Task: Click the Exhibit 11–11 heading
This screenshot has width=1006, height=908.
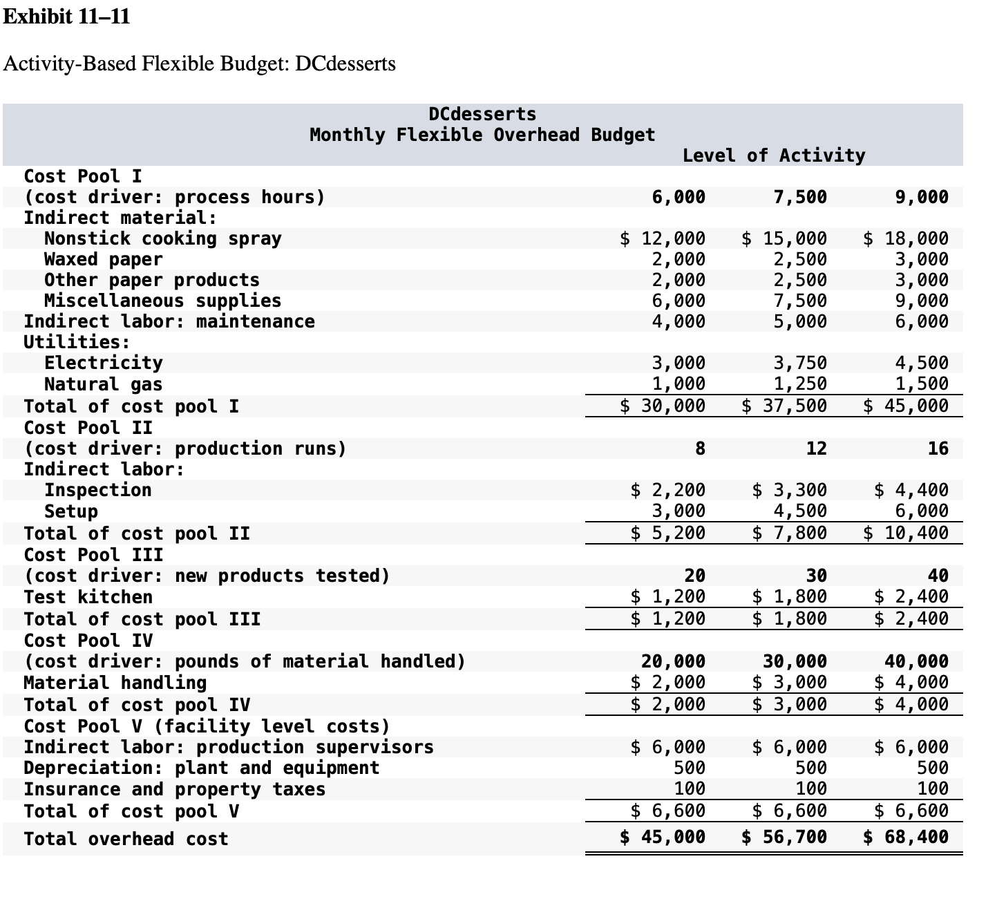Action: coord(66,16)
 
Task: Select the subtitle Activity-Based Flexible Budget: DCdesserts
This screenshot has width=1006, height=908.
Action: coord(200,64)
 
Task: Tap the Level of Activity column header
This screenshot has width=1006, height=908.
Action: coord(773,155)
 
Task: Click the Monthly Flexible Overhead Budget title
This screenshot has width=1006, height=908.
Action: coord(482,135)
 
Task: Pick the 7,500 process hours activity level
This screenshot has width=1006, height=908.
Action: coord(799,198)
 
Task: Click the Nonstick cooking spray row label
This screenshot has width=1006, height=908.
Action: coord(162,239)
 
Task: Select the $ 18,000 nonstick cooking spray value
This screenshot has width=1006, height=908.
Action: coord(906,239)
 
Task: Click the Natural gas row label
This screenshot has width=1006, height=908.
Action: coord(103,384)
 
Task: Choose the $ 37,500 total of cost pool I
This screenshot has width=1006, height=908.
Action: coord(784,406)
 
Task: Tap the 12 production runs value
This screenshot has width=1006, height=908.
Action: coord(816,449)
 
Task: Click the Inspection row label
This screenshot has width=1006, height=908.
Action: coord(97,491)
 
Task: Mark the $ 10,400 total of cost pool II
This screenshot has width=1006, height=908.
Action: coord(906,533)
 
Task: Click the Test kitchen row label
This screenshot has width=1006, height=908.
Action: coord(88,597)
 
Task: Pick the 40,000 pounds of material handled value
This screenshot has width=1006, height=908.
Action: coord(916,662)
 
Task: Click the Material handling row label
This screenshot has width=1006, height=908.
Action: coord(115,683)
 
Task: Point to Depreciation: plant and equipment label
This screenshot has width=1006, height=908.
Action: coord(201,768)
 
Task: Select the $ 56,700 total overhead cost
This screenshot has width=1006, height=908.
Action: coord(784,838)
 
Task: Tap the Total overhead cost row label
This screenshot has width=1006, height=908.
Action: coord(126,839)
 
